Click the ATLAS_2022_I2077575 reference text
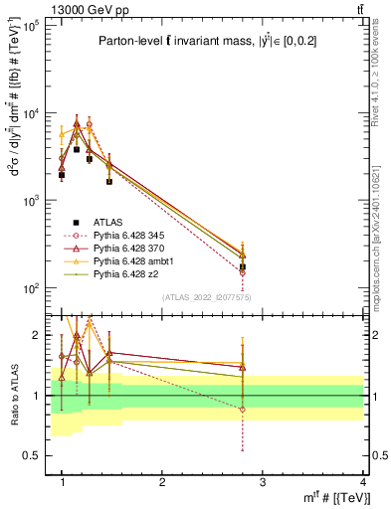(x=207, y=297)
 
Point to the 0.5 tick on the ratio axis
(x=36, y=455)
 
